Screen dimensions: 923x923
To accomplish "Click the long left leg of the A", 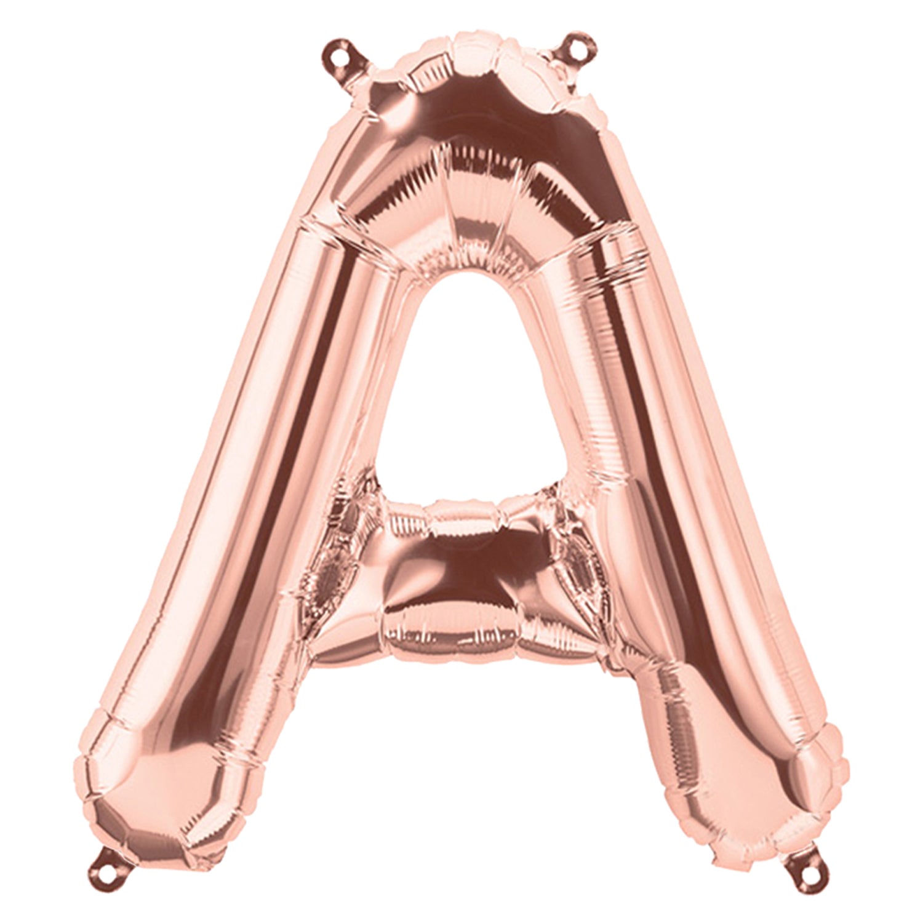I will (246, 492).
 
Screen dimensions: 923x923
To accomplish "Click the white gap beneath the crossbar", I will (468, 769).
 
